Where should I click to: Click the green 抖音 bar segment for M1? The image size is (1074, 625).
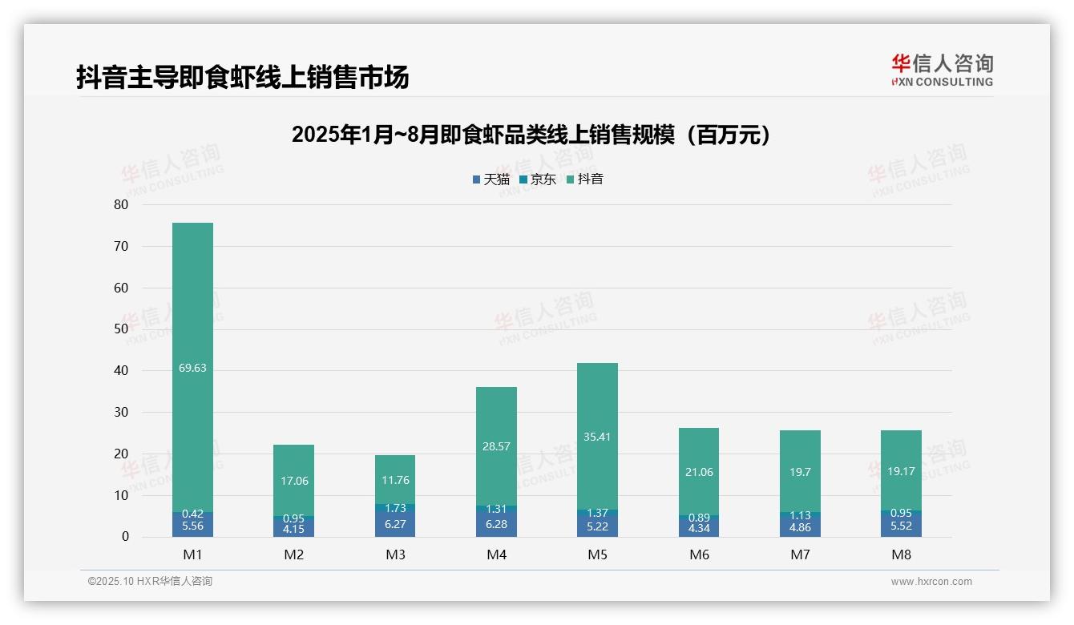(192, 321)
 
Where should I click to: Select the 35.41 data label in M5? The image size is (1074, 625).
(597, 437)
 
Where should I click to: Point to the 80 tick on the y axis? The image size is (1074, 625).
(121, 204)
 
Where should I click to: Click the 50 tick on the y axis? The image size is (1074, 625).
(121, 329)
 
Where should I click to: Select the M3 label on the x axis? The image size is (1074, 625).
(395, 554)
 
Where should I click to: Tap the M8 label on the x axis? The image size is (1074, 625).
(901, 554)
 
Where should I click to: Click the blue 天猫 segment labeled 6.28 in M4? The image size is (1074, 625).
(496, 524)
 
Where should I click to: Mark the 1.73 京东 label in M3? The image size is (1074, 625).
(395, 508)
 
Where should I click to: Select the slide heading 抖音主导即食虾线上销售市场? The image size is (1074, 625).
(243, 77)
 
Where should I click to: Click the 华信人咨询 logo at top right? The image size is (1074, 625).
(942, 70)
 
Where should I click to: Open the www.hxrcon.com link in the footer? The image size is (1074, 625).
(931, 582)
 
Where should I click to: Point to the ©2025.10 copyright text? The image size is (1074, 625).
(150, 582)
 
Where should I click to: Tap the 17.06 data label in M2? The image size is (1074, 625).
(294, 481)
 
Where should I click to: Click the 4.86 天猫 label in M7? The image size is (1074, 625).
(800, 527)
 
